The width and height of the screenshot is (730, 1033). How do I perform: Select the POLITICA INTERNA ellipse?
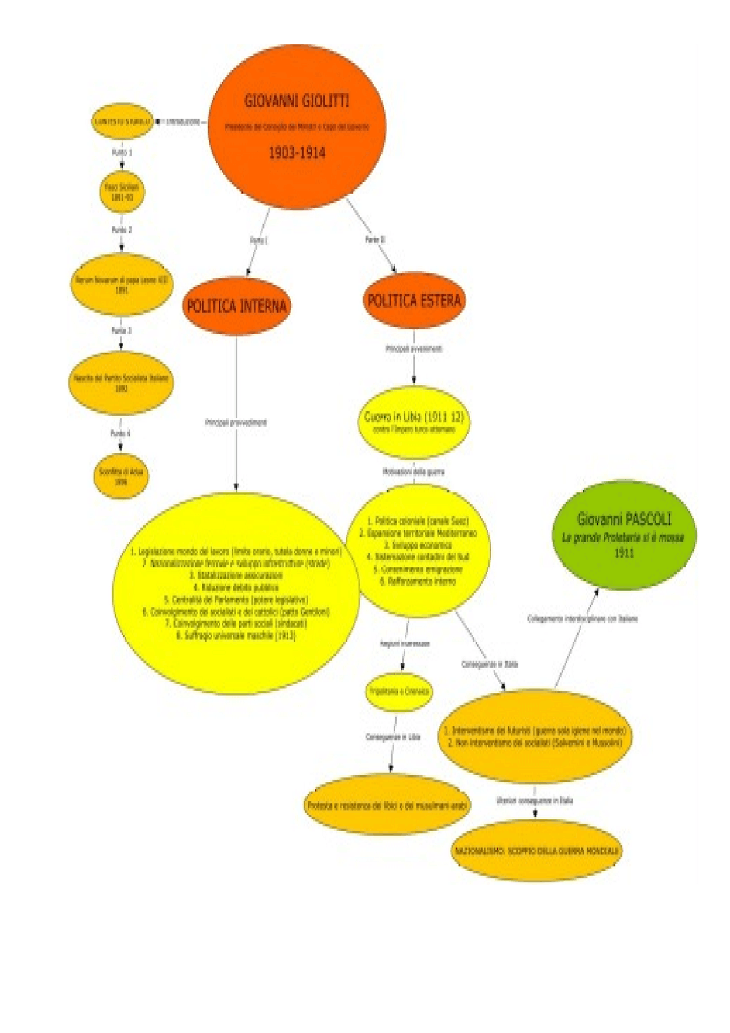236,306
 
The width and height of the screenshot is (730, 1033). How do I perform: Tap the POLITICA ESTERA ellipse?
414,301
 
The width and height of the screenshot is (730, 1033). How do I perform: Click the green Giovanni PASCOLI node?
624,535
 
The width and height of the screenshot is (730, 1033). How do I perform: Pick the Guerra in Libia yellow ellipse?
414,422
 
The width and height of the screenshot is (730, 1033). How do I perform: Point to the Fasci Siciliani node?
121,192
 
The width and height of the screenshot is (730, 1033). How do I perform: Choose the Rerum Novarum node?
121,285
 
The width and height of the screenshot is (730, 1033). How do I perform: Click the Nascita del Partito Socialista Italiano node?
121,383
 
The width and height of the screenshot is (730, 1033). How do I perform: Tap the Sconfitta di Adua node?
121,476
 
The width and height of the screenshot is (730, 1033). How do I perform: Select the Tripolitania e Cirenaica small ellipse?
398,691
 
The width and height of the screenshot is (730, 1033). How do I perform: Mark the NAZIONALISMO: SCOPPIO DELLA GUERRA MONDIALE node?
536,850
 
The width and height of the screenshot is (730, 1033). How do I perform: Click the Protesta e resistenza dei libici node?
387,805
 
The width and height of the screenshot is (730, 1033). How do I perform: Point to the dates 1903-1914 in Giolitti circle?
297,152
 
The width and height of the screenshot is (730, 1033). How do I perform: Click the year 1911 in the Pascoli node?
624,553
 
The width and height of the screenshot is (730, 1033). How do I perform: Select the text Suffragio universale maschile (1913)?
236,635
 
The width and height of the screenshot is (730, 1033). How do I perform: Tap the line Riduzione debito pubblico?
236,587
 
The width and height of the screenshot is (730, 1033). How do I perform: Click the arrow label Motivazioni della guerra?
413,472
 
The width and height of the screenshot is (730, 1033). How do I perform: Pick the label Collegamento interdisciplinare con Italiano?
582,618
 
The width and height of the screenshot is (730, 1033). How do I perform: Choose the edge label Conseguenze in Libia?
393,737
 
